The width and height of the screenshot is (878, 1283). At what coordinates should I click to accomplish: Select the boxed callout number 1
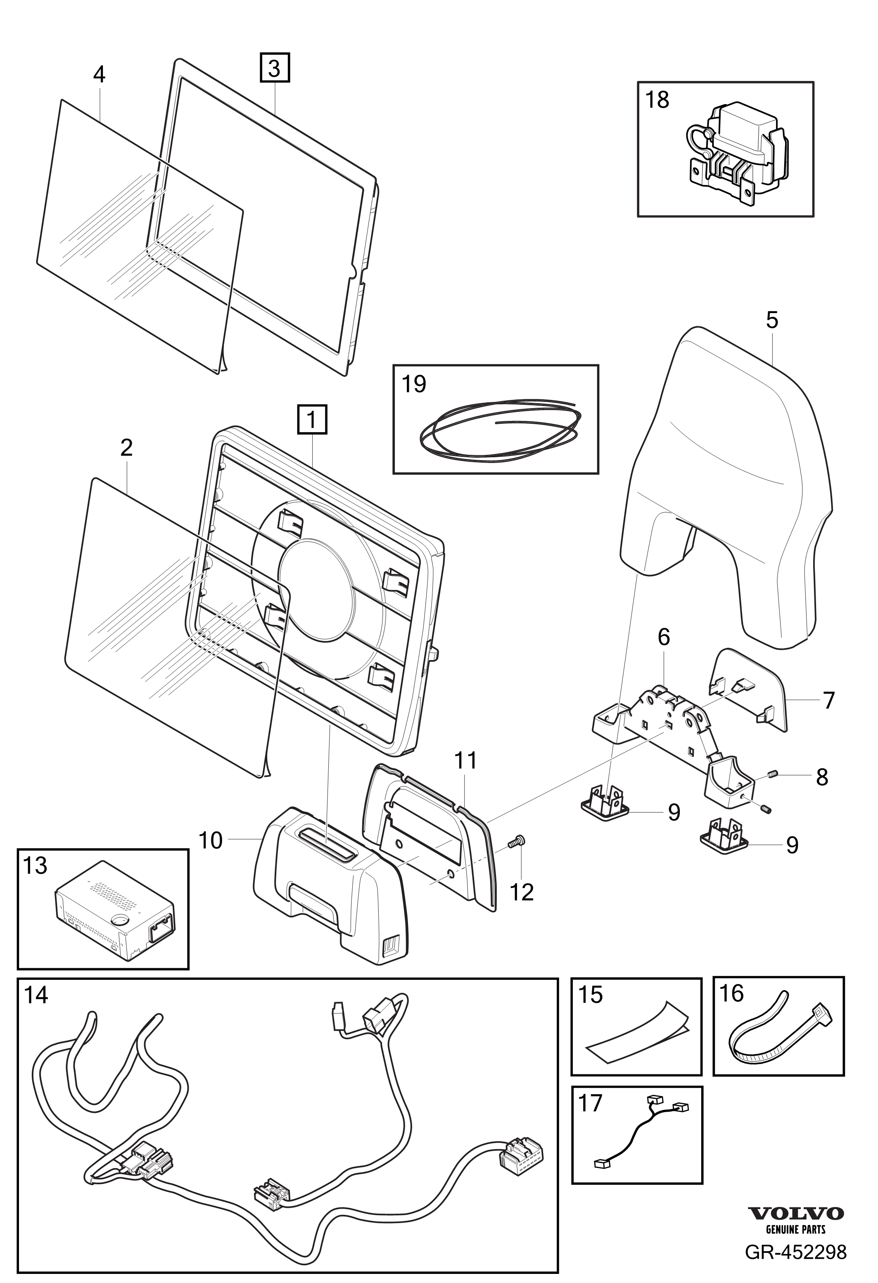312,421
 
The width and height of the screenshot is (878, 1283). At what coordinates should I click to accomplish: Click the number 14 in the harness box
36,994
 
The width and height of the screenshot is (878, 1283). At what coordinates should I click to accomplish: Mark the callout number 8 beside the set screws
822,777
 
